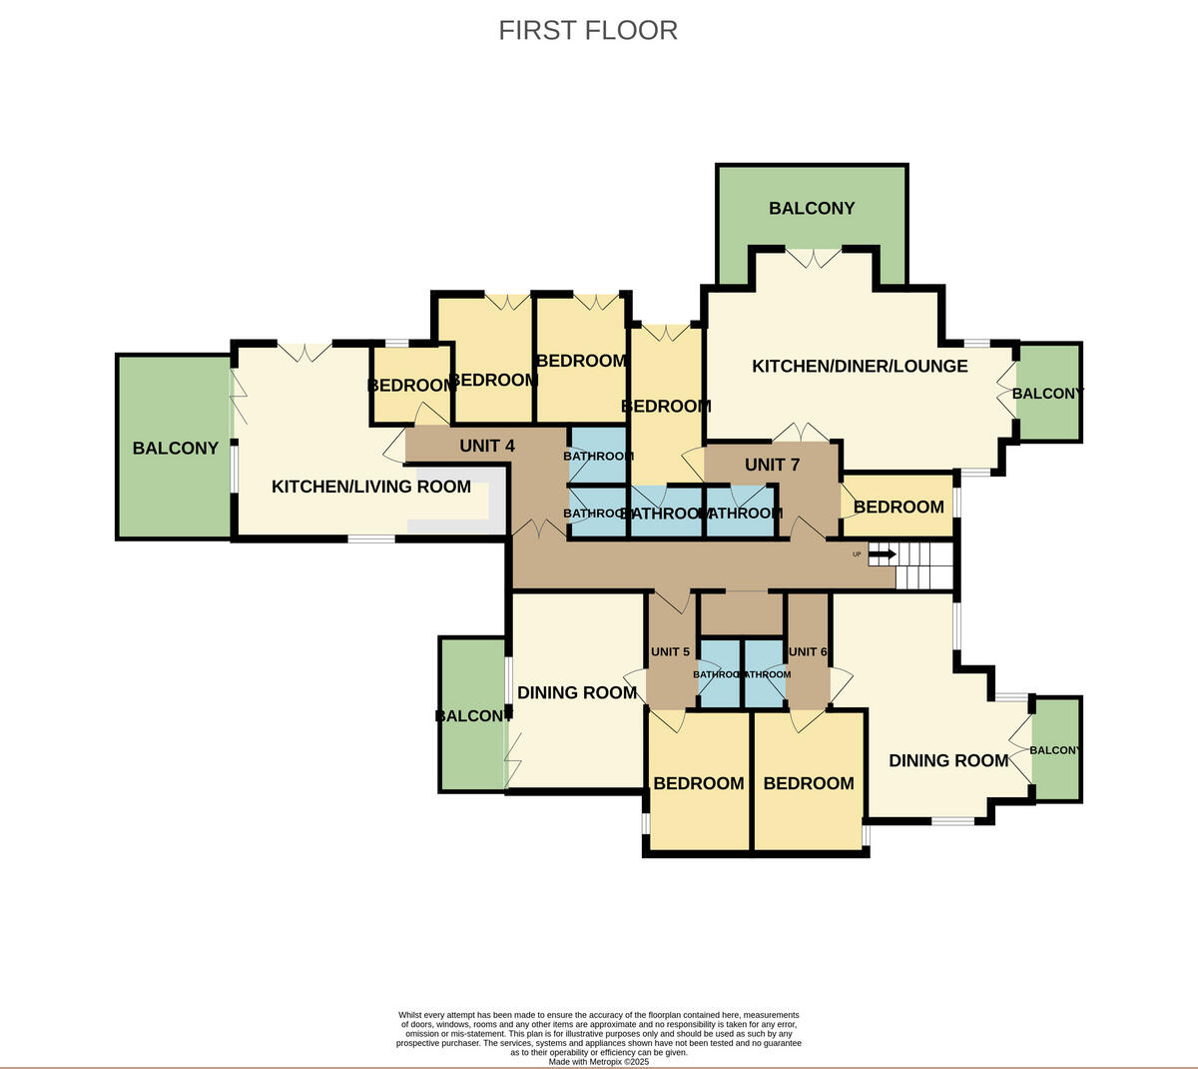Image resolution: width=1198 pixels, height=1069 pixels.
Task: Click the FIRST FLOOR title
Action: (588, 30)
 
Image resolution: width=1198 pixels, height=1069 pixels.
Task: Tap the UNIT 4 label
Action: (487, 446)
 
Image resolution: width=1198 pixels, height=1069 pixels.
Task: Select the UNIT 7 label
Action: (772, 465)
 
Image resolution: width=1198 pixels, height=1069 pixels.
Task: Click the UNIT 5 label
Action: (670, 651)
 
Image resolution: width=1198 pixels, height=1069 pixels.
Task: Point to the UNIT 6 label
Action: (808, 651)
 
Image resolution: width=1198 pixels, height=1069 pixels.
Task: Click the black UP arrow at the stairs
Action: (882, 553)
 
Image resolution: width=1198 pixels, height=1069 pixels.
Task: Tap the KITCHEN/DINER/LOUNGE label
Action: (860, 366)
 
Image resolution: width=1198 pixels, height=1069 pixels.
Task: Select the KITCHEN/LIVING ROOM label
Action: (371, 487)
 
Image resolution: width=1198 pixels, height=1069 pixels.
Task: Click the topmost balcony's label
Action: (812, 208)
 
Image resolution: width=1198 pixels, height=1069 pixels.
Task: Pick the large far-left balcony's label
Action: (175, 448)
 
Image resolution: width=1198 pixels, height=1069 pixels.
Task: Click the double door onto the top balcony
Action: (814, 258)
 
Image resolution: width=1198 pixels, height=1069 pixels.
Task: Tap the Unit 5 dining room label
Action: (577, 692)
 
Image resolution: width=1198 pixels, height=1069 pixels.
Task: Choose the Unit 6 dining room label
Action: (948, 760)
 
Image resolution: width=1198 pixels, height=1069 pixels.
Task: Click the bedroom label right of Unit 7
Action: (898, 507)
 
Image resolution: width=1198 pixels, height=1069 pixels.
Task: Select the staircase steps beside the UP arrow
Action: (925, 565)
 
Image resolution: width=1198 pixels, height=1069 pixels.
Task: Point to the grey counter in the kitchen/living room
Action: (454, 525)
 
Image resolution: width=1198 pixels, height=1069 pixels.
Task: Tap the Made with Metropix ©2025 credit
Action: (598, 1061)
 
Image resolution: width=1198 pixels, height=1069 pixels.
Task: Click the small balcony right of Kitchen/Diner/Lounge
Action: (1048, 394)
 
